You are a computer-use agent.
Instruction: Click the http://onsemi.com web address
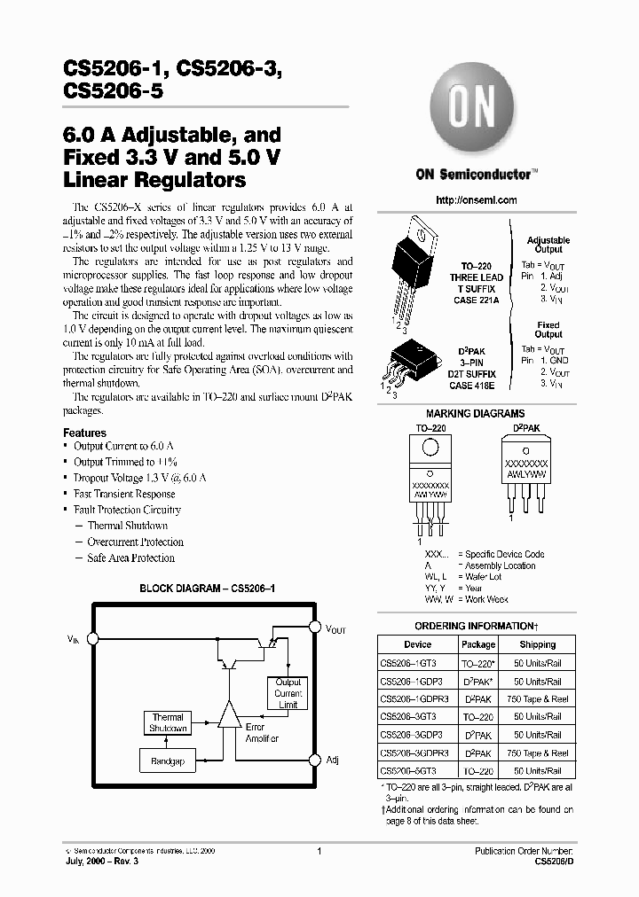[x=477, y=200]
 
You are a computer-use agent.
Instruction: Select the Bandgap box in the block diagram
[x=168, y=761]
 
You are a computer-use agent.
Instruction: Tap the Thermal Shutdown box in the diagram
[x=168, y=722]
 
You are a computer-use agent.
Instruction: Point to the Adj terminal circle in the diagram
[x=314, y=760]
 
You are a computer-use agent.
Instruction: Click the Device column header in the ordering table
[x=417, y=644]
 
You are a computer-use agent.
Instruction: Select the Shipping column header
[x=538, y=644]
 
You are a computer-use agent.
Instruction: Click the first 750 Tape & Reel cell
[x=538, y=698]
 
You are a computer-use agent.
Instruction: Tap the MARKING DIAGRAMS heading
[x=475, y=413]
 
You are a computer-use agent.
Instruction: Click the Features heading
[x=85, y=433]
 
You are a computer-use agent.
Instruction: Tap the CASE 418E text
[x=472, y=386]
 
